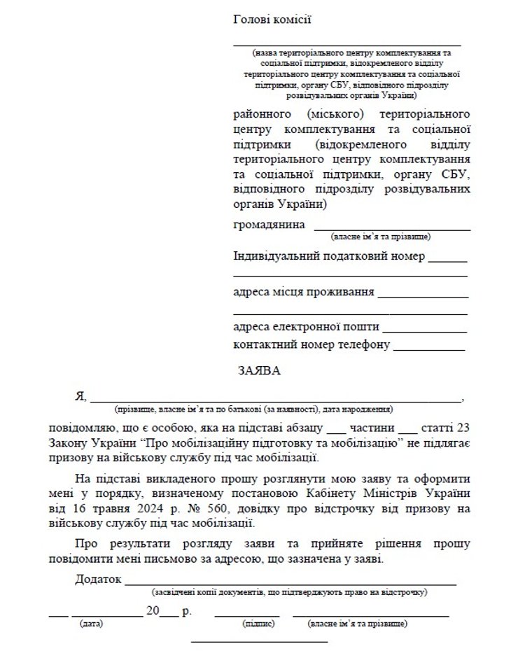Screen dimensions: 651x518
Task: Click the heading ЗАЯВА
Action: pyautogui.click(x=260, y=371)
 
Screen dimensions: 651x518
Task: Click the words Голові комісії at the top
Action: pyautogui.click(x=272, y=20)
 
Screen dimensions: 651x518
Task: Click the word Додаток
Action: pyautogui.click(x=97, y=580)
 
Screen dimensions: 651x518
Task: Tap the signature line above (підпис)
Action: pyautogui.click(x=247, y=615)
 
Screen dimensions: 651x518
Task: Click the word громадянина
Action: pyautogui.click(x=269, y=225)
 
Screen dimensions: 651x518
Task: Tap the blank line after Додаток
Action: pyautogui.click(x=290, y=582)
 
